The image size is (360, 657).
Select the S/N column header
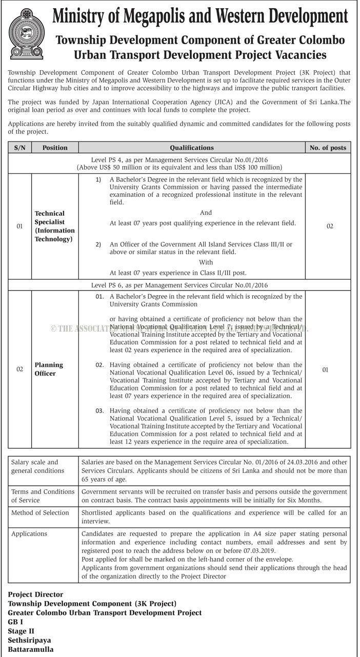coord(20,148)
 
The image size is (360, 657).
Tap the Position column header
coord(55,148)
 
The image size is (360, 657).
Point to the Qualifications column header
coord(192,148)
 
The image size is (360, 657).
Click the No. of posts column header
coord(328,148)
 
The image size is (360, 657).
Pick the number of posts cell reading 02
coord(330,226)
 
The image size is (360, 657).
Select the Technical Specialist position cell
coord(54,226)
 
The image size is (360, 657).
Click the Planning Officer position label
coord(49,369)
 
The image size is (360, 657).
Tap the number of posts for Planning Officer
coord(325,369)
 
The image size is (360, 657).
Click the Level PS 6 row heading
coord(179,285)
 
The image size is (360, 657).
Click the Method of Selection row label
coord(40,512)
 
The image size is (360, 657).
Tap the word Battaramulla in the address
coord(30,649)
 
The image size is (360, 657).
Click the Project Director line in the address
coord(35,594)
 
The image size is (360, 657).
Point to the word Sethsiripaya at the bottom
coord(29,640)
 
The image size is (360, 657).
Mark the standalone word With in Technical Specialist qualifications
coord(206,262)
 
